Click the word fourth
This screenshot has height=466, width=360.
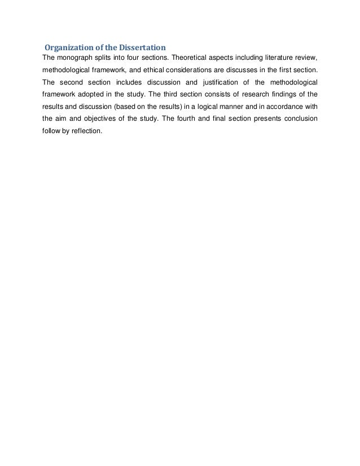pos(187,118)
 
